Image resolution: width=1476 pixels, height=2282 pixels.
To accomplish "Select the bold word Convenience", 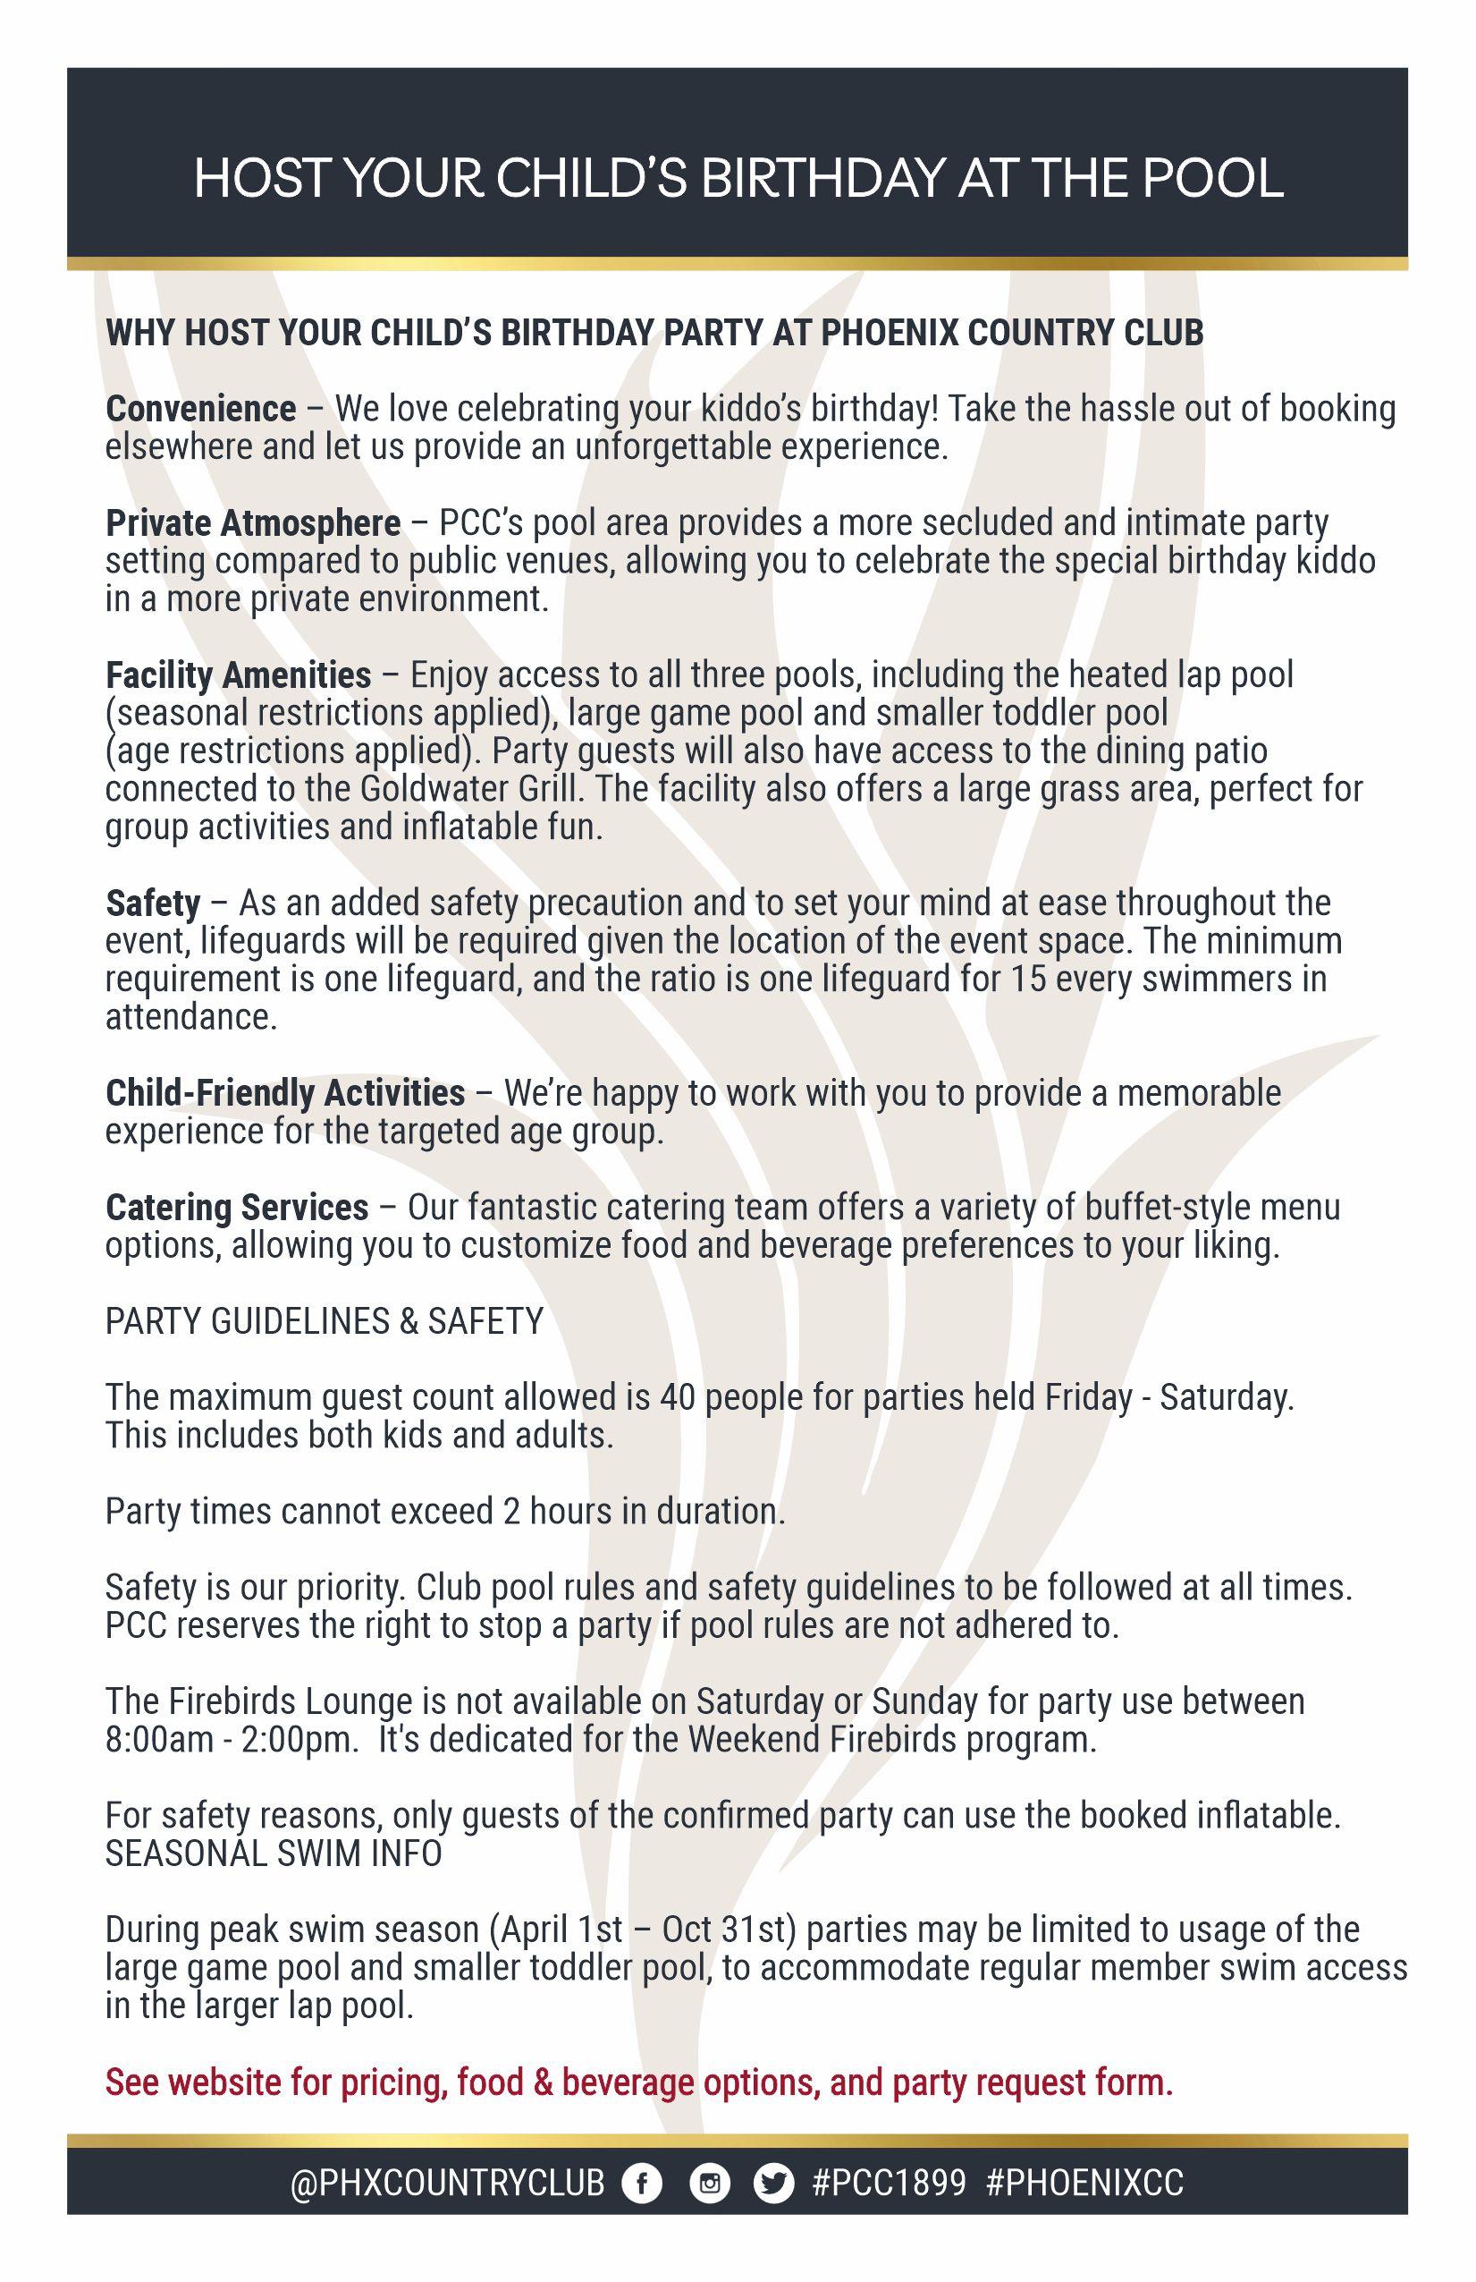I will [x=200, y=410].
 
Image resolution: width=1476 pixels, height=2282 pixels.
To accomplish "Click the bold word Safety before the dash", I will [x=152, y=903].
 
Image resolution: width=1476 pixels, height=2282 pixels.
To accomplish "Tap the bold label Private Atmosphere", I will [x=253, y=523].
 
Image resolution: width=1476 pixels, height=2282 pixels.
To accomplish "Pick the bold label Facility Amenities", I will [x=238, y=675].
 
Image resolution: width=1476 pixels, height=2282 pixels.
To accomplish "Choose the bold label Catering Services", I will [x=237, y=1207].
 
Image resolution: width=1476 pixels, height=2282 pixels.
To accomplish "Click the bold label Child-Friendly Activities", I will [x=284, y=1093].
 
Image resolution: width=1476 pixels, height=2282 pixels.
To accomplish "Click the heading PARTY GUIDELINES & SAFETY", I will [x=324, y=1321].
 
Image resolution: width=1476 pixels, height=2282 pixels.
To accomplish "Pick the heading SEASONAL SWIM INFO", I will [x=274, y=1854].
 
